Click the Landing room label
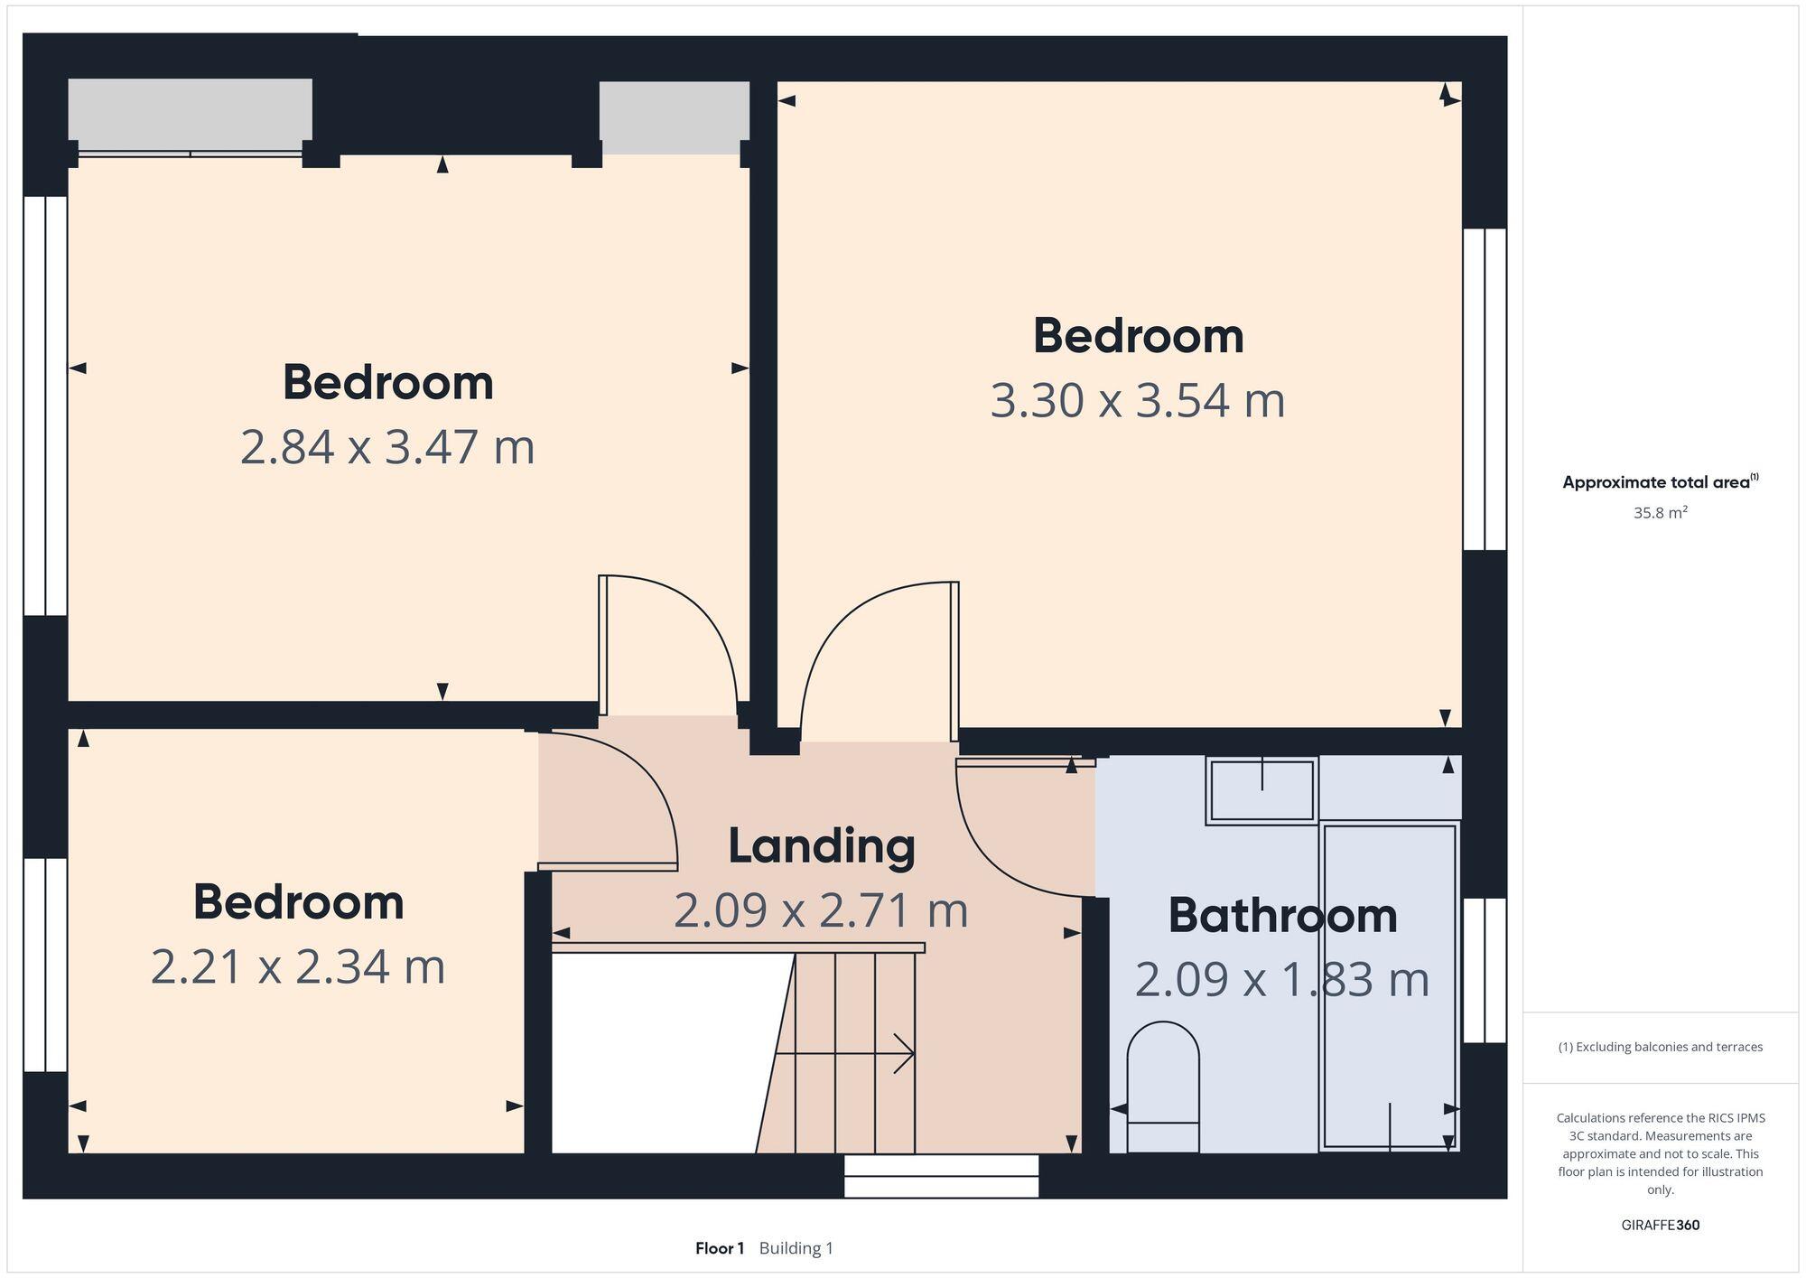[821, 846]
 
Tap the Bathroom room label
[1281, 916]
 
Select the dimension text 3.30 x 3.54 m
[1137, 400]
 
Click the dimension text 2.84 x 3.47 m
[387, 447]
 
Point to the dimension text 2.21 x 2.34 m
[297, 967]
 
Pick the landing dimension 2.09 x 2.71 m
[821, 910]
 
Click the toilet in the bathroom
[1163, 1084]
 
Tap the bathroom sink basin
[1261, 791]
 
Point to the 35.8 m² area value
[1660, 513]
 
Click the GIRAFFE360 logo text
[1660, 1226]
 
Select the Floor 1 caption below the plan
[719, 1249]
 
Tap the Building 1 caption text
[796, 1249]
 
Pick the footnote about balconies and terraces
[1660, 1048]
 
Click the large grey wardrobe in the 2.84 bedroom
[191, 109]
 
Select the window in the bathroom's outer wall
[1484, 971]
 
